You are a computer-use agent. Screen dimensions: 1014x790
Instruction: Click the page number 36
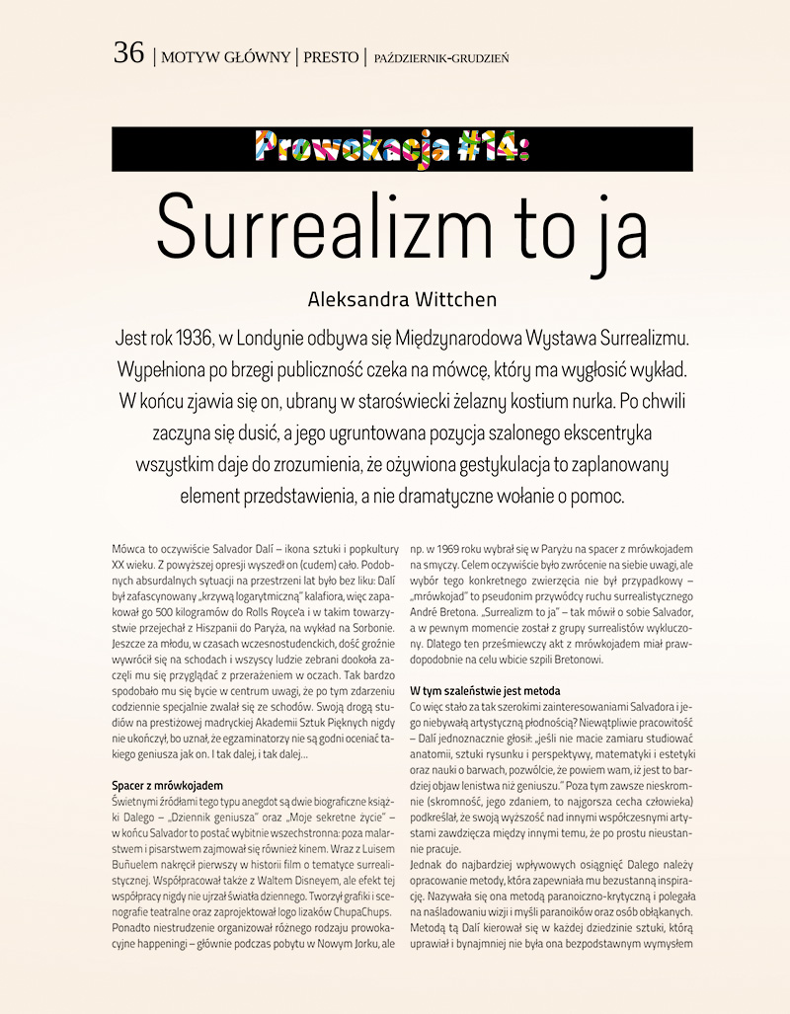(128, 53)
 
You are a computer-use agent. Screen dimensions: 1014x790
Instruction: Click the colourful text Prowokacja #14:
(394, 149)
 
